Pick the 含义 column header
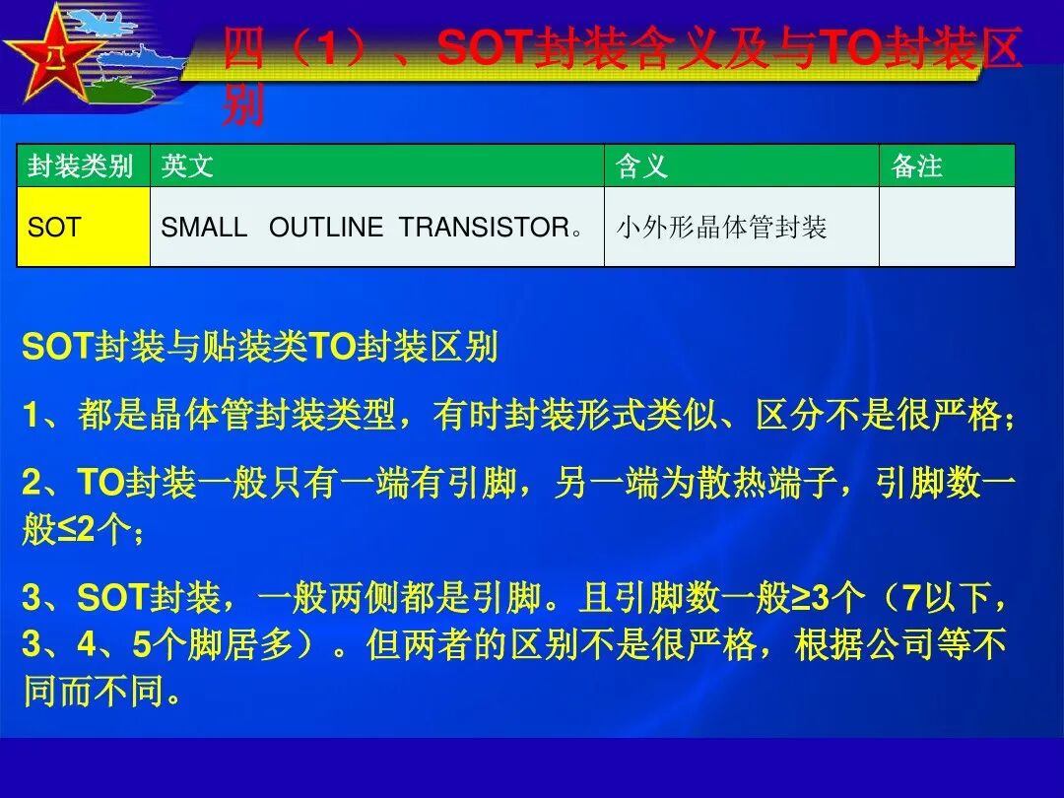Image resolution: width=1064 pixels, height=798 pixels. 642,166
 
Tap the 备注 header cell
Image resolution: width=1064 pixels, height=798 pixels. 917,166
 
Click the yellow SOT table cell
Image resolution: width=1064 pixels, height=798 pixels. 83,228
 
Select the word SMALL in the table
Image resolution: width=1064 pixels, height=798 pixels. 204,228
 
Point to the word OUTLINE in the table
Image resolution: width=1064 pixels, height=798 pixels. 326,228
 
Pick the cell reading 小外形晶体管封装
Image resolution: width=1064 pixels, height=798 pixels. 722,228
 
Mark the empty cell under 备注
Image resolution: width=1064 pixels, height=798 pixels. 946,228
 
